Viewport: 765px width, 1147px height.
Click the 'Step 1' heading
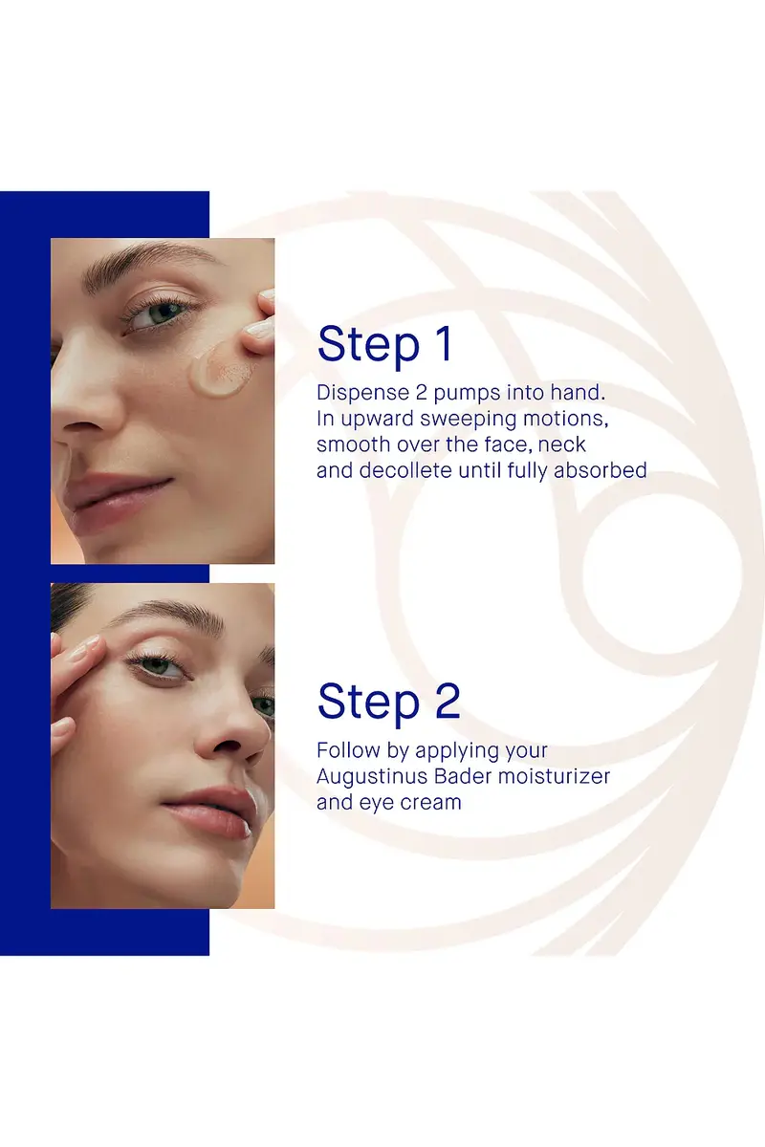pos(384,344)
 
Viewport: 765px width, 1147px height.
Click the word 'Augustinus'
pos(371,777)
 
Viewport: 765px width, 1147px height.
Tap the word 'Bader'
pos(463,776)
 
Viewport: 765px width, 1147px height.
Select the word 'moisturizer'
pos(555,776)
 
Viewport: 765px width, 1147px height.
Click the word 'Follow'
pos(348,750)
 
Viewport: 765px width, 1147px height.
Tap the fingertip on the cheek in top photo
pos(260,332)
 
